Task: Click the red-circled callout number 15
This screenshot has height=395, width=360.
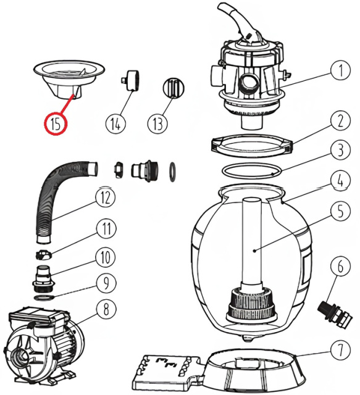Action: [x=56, y=123]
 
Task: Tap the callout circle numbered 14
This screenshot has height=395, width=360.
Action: [x=115, y=123]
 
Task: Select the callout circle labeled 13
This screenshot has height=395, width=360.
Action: [x=158, y=123]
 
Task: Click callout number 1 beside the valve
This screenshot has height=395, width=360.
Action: [x=341, y=70]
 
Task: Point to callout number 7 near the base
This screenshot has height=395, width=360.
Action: [x=341, y=350]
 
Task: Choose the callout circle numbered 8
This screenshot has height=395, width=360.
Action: [x=106, y=309]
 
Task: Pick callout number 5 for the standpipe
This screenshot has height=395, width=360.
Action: [x=341, y=210]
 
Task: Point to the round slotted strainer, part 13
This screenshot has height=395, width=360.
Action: [x=174, y=88]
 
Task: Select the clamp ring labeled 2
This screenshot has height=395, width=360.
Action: [x=251, y=146]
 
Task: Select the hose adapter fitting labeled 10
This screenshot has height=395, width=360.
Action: [x=43, y=278]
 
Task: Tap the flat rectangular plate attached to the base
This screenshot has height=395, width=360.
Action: [x=167, y=373]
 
